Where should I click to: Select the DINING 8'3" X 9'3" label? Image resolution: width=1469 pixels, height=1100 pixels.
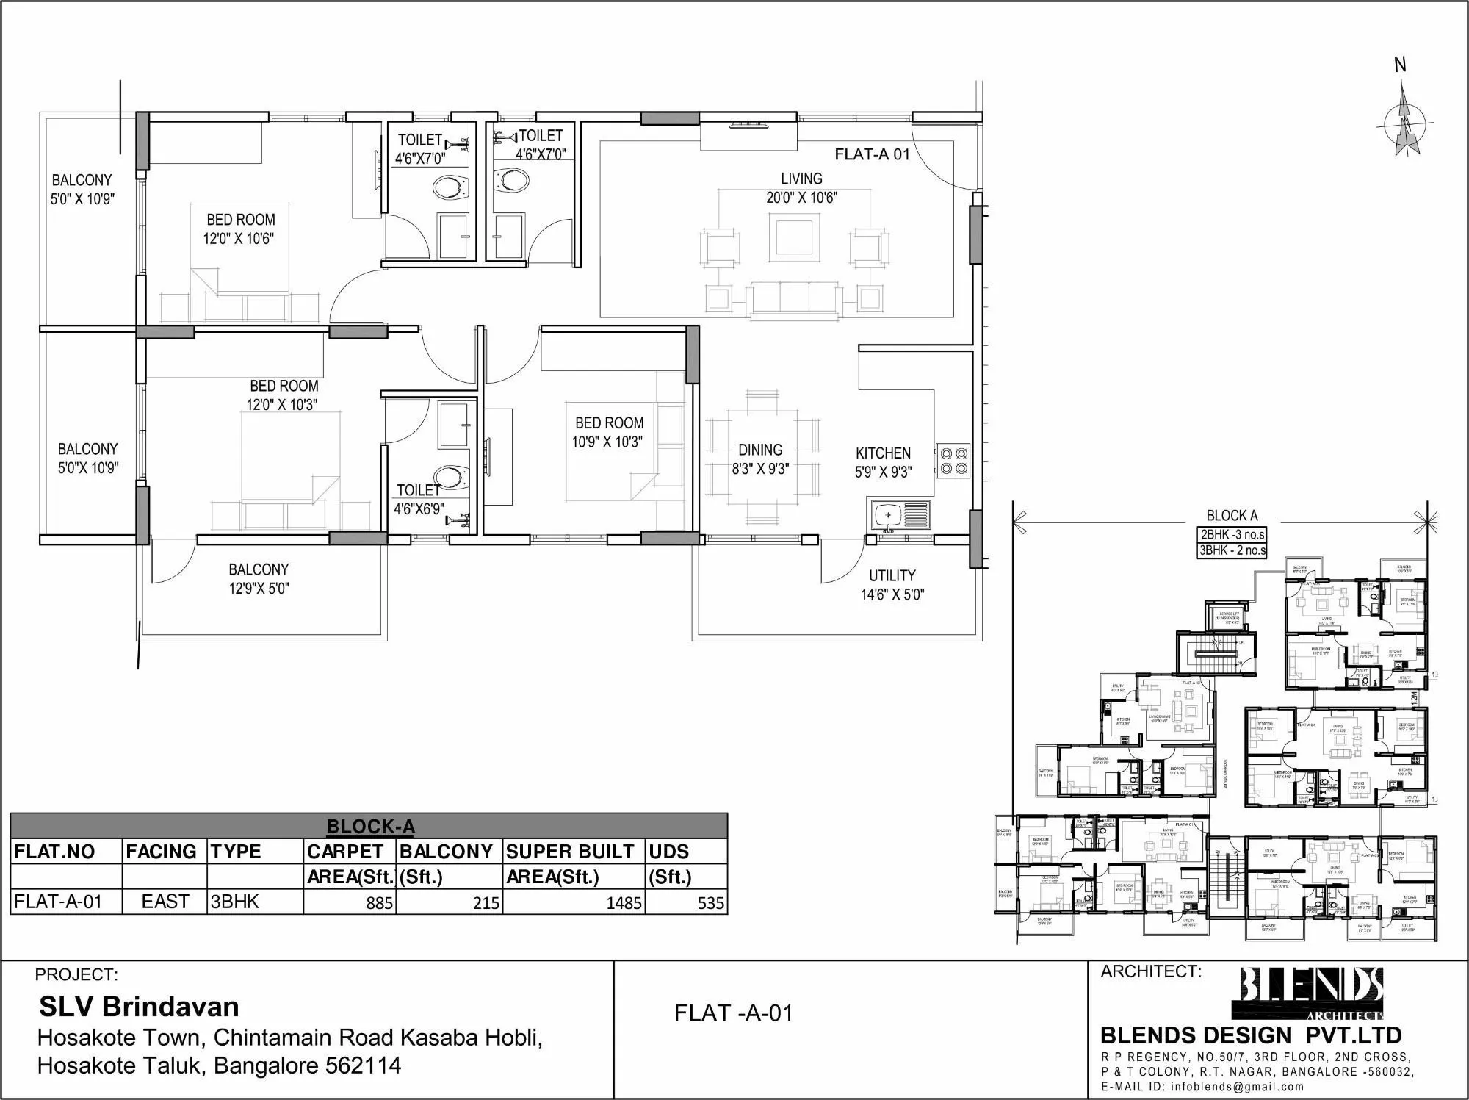pos(760,459)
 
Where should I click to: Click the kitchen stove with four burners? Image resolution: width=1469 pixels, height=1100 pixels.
pos(953,461)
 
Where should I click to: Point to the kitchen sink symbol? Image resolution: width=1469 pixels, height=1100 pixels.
pos(900,514)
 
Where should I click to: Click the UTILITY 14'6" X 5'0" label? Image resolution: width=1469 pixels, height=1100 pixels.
pos(892,585)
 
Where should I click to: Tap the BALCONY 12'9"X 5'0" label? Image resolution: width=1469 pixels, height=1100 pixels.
pos(259,578)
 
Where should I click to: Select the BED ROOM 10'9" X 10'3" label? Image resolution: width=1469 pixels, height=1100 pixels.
pos(608,432)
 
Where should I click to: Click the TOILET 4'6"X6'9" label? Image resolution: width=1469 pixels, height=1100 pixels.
pos(418,499)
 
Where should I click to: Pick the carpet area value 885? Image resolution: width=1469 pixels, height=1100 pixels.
pos(379,903)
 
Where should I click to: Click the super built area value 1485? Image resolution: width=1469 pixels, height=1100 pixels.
pos(623,903)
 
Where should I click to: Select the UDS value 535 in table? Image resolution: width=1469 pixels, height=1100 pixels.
pos(710,903)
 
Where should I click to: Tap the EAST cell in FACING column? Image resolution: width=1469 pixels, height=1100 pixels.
pos(165,902)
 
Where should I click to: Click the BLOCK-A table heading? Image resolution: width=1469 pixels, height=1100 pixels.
pos(370,827)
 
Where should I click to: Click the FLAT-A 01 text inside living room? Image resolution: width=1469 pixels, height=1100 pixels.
pos(872,154)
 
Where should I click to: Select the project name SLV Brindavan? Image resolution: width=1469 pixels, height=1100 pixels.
pos(139,1007)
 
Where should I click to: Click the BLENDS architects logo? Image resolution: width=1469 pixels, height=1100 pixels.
pos(1312,991)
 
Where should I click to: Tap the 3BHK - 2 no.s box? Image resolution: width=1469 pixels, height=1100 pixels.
pos(1232,550)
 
